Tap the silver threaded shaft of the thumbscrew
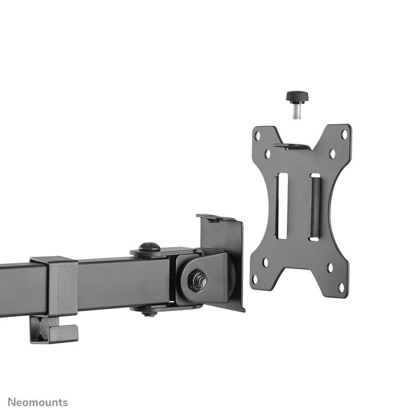[x=296, y=111]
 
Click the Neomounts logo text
[x=34, y=403]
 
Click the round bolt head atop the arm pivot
[x=149, y=247]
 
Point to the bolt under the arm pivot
[x=149, y=312]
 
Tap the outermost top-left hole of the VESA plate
[x=257, y=135]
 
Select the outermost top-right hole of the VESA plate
[x=344, y=134]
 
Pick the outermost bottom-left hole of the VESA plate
[x=255, y=279]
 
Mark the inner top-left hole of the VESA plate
[x=267, y=154]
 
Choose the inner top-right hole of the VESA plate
[x=332, y=154]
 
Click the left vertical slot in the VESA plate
[x=282, y=206]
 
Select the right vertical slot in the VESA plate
[x=315, y=207]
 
